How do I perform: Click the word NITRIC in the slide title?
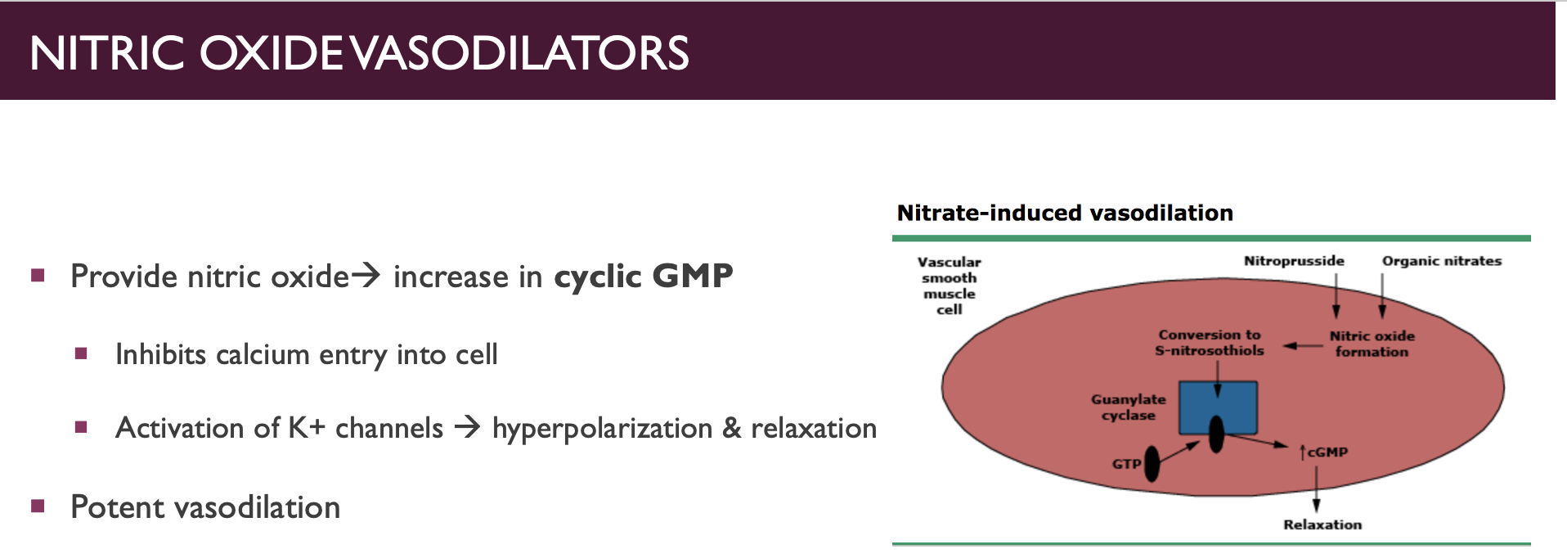click(107, 53)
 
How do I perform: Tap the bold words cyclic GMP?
click(644, 277)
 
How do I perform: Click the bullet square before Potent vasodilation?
click(38, 506)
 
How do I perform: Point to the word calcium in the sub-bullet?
click(263, 354)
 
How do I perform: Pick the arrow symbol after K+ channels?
click(467, 427)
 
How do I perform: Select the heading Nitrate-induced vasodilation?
click(1065, 214)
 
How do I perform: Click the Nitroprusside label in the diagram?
click(1294, 261)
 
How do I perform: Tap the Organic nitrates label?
click(1442, 261)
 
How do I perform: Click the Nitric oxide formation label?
click(1372, 344)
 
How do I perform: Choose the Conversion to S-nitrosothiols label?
click(1210, 343)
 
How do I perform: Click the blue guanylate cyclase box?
click(1218, 407)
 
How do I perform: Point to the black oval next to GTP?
click(1152, 464)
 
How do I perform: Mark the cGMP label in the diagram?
click(1324, 452)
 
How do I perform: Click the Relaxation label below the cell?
click(1322, 524)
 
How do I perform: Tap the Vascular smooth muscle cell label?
click(950, 286)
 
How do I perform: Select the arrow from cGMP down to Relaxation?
click(1316, 489)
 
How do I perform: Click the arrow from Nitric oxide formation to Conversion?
click(1303, 346)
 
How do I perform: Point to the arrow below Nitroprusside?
click(1336, 295)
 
